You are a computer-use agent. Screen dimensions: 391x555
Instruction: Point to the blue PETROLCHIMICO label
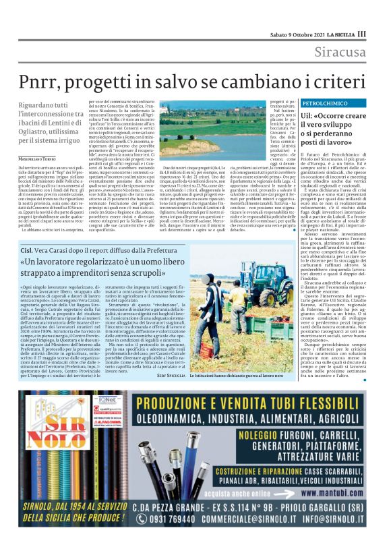coord(324,103)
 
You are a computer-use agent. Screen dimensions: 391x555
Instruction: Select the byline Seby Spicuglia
coord(164,375)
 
